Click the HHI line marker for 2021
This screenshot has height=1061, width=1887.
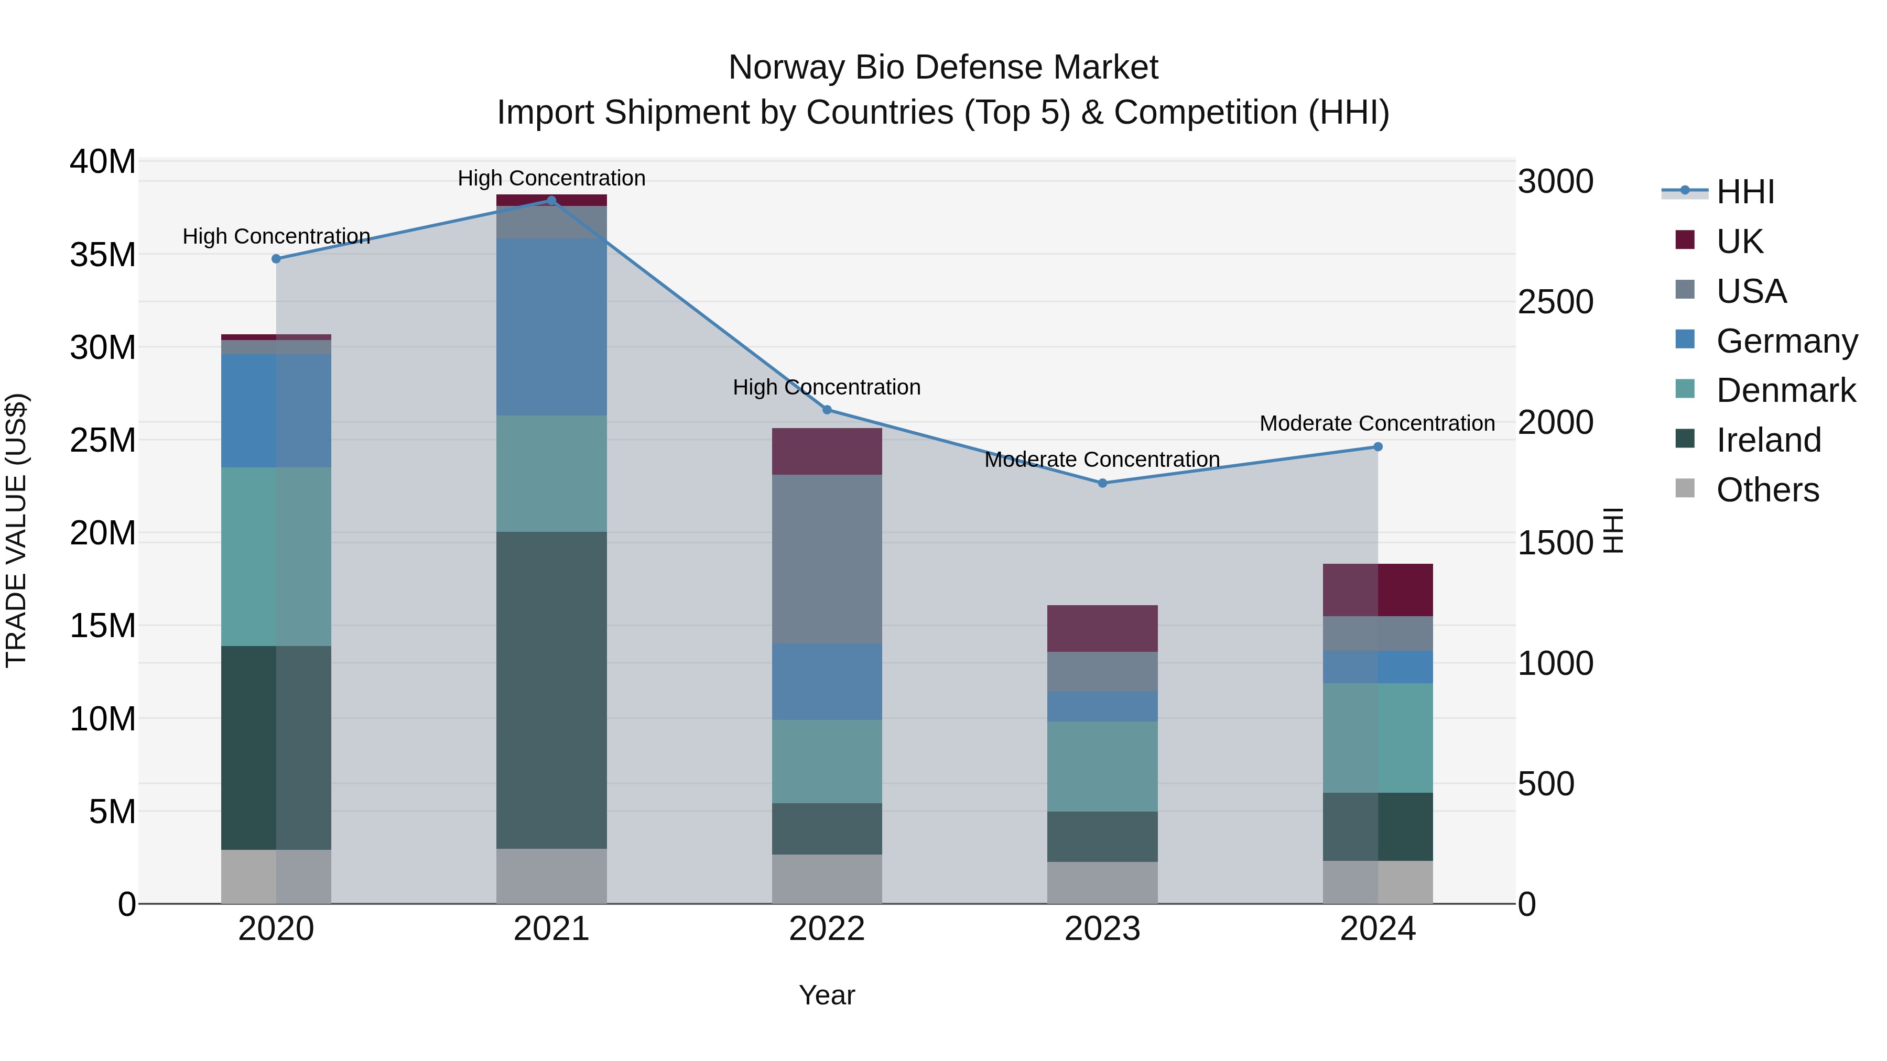click(x=551, y=201)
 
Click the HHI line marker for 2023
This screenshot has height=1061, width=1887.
click(x=1102, y=483)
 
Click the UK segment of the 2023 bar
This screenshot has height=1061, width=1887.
click(x=1102, y=628)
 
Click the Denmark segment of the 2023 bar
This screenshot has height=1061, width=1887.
click(x=1102, y=766)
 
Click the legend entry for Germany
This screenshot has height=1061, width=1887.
click(x=1786, y=341)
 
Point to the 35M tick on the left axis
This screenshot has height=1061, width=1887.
click(x=103, y=255)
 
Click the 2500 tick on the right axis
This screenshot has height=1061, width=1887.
click(x=1555, y=302)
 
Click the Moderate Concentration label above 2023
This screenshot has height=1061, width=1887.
click(x=1102, y=460)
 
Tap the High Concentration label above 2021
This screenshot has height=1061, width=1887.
click(x=551, y=178)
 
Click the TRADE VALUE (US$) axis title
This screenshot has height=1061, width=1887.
click(x=16, y=530)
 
